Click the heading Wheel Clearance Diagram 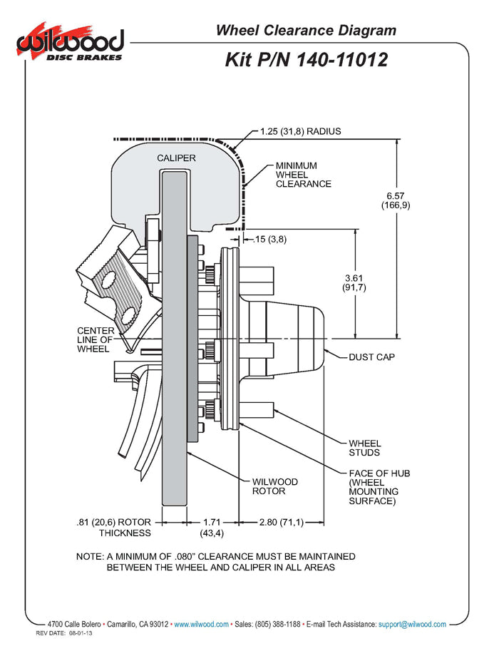point(306,30)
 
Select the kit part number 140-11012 point(306,60)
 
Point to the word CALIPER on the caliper point(176,158)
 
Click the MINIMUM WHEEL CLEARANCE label point(303,175)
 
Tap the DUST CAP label point(371,357)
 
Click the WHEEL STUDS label point(364,448)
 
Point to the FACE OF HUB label point(379,487)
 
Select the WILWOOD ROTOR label point(275,486)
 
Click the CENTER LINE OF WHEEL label point(96,339)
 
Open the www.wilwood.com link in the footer point(201,624)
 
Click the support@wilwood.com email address point(412,624)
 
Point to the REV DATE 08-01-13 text point(67,633)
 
